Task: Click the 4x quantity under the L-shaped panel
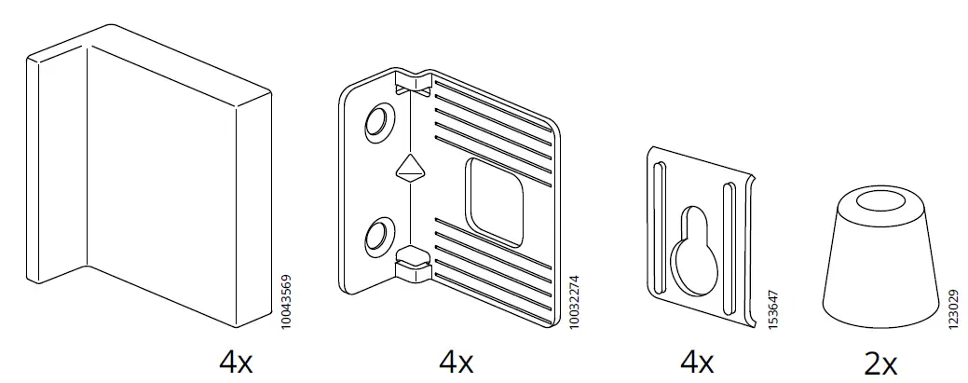[x=235, y=362]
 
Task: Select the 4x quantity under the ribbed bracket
[x=456, y=362]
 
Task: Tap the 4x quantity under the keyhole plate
[x=697, y=362]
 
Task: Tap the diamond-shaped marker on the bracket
[x=409, y=170]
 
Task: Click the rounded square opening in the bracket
[x=497, y=201]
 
